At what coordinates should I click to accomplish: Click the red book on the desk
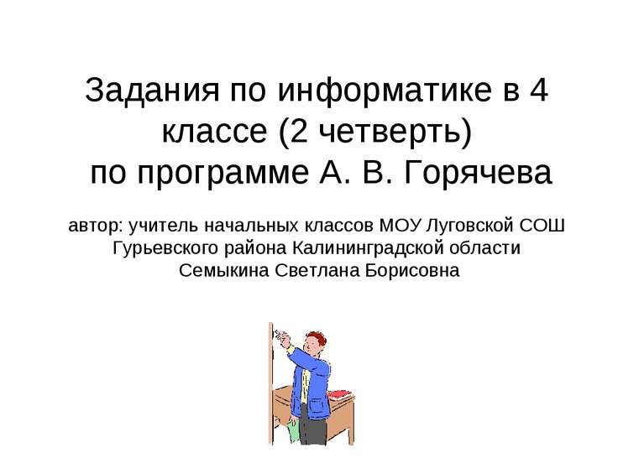point(338,394)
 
